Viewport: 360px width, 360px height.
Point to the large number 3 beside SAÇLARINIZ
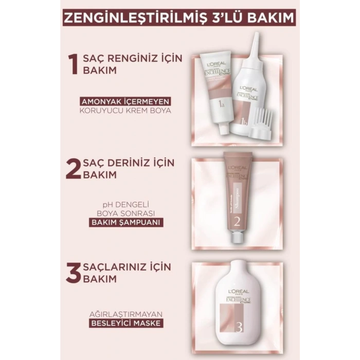(72, 272)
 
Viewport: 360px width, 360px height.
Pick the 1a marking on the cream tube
(221, 106)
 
